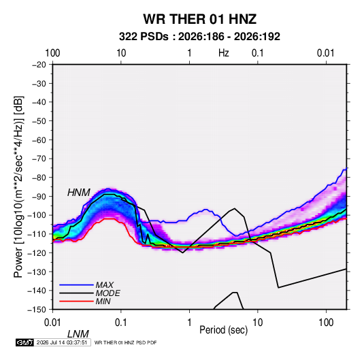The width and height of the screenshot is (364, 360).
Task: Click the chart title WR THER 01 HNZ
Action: (199, 19)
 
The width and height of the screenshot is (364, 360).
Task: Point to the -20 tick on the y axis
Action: (39, 65)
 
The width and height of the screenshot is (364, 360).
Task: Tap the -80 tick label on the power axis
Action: (39, 178)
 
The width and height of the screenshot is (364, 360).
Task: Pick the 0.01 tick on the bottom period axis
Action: (52, 323)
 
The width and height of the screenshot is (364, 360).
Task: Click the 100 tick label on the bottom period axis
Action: (326, 323)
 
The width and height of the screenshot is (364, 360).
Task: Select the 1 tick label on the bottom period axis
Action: (189, 323)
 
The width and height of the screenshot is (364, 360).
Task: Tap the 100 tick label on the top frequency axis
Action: (52, 53)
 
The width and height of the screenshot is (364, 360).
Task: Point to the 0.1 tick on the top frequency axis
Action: (258, 53)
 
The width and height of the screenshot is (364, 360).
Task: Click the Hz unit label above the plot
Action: (224, 53)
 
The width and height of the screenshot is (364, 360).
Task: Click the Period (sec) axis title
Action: (224, 330)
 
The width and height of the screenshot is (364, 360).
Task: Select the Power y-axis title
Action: (18, 187)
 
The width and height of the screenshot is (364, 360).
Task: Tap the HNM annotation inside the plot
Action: (79, 193)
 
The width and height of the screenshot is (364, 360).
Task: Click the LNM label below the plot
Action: (78, 334)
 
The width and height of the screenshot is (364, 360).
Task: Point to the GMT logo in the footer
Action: (24, 342)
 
